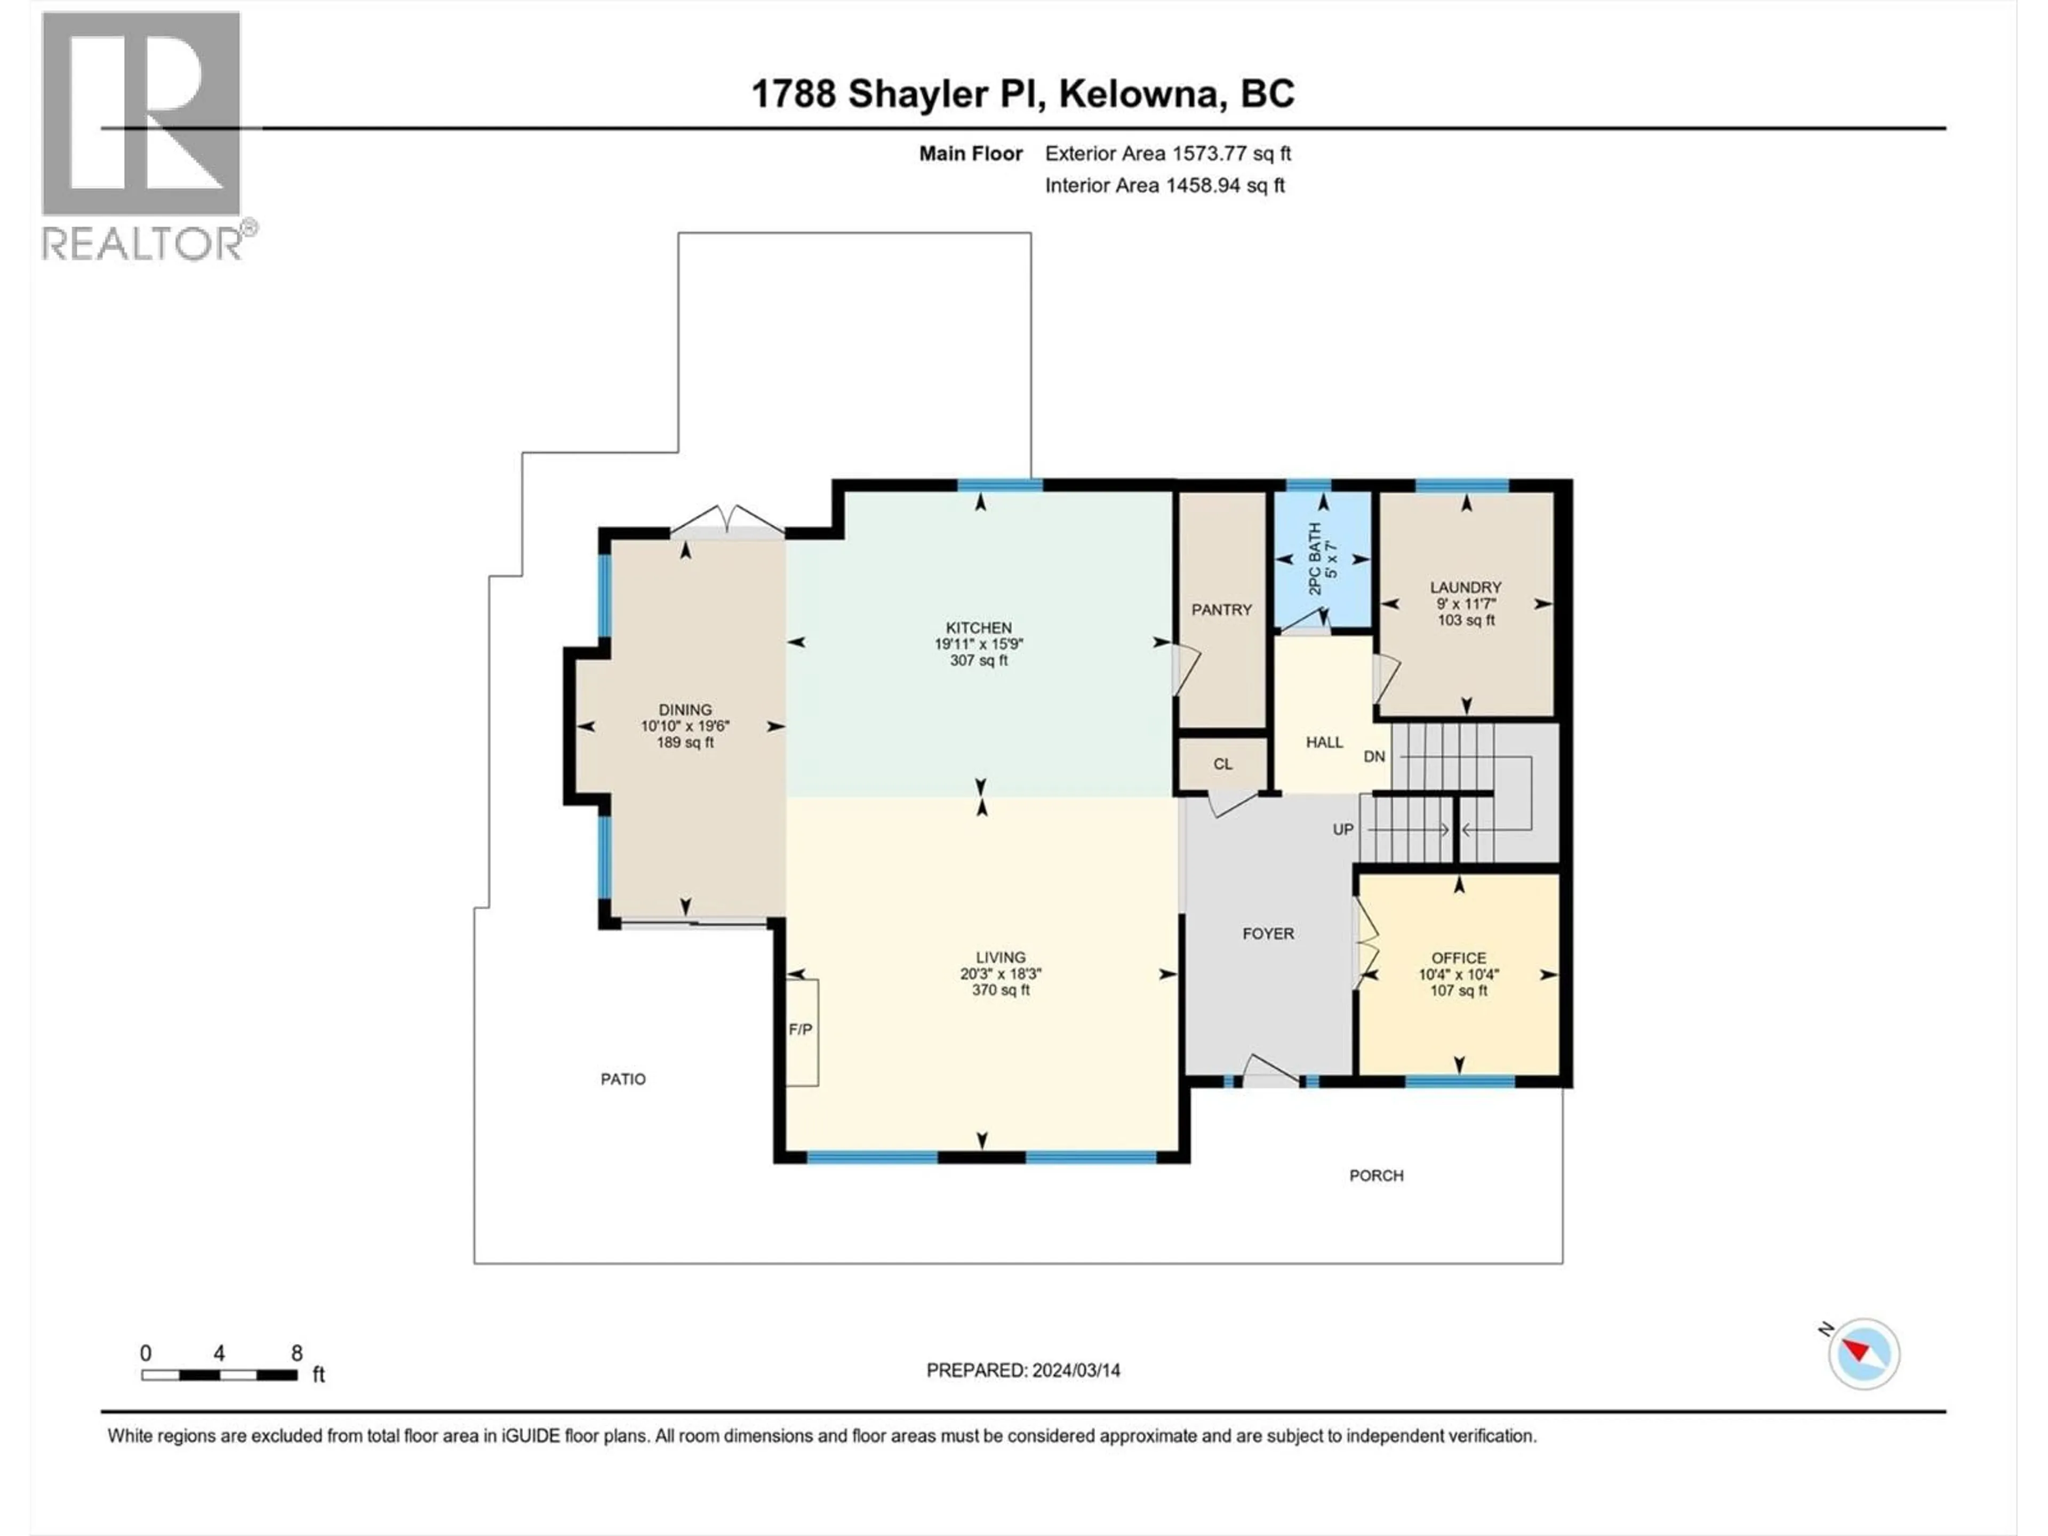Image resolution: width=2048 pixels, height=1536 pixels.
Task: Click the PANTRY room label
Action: click(1221, 609)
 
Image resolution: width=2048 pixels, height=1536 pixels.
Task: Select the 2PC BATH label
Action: click(1315, 559)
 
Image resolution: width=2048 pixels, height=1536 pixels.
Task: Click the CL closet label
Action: click(1223, 764)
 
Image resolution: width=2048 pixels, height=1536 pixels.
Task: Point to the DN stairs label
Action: click(1374, 756)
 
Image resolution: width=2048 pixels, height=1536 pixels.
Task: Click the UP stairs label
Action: click(1342, 829)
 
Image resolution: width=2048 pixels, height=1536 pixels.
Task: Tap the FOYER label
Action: click(1268, 933)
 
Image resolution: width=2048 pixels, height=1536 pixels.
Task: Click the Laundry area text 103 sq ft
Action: click(1466, 620)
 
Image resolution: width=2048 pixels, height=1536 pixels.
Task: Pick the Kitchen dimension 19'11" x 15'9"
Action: click(979, 644)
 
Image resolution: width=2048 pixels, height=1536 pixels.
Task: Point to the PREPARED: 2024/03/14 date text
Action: click(1023, 1370)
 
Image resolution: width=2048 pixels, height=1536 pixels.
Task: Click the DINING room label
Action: click(685, 710)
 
